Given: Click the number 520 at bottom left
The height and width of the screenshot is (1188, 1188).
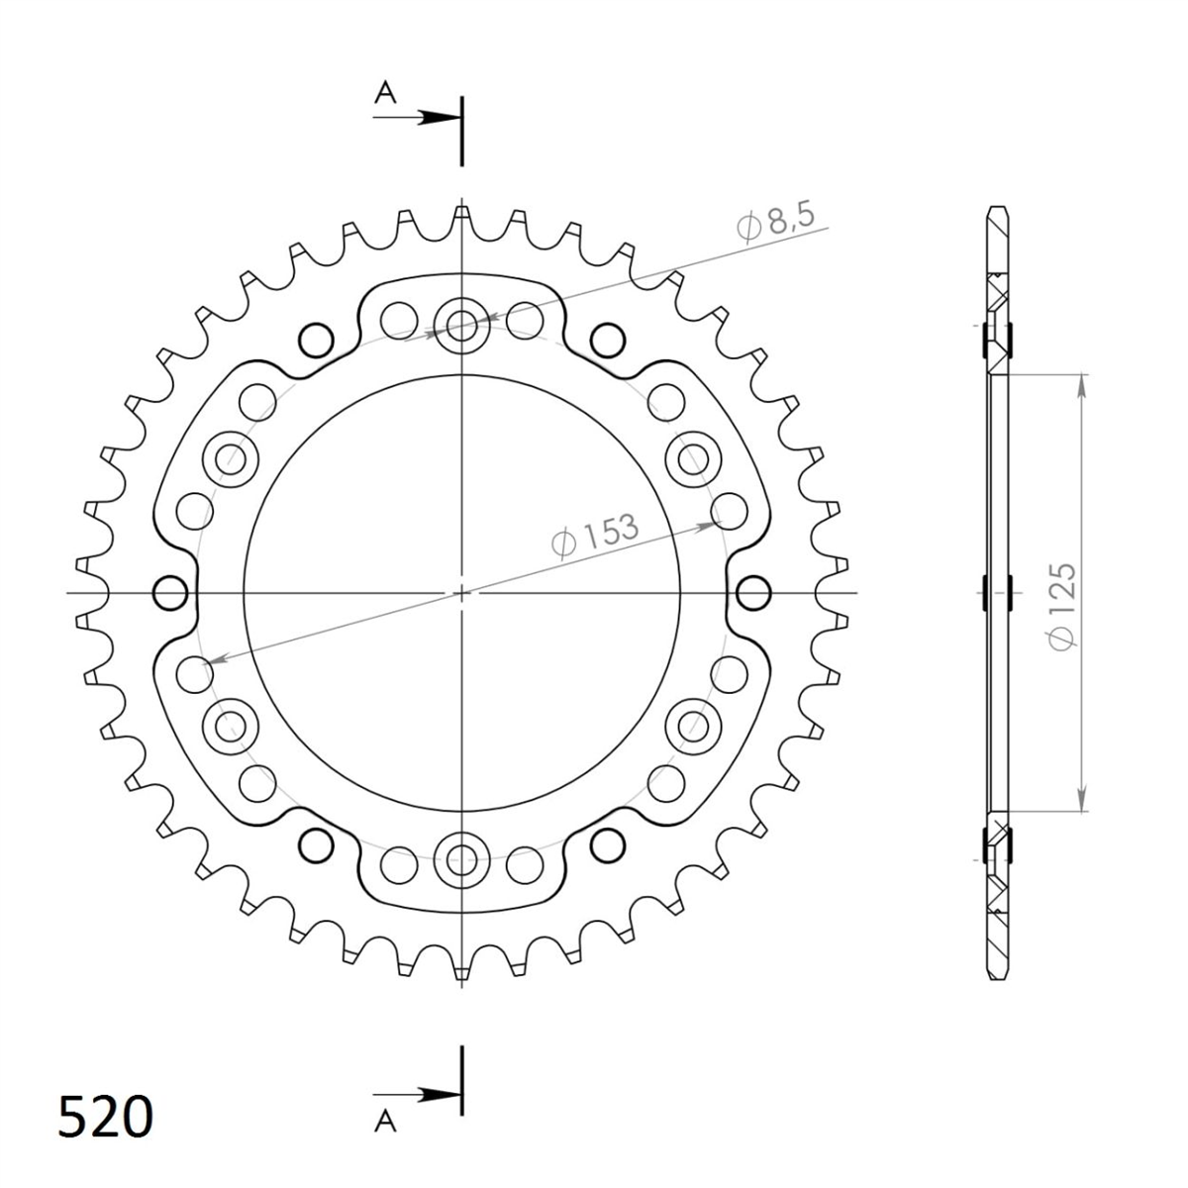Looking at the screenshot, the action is tap(105, 1117).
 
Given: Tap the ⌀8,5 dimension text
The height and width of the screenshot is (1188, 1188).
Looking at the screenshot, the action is tap(776, 222).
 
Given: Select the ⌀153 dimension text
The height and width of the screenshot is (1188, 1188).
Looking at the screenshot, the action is tap(594, 536).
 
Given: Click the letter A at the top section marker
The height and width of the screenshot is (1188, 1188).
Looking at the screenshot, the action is tap(385, 93).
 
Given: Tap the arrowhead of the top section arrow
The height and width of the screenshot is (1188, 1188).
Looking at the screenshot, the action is tap(441, 118).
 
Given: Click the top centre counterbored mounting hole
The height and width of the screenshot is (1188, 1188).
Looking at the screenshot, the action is tap(461, 326).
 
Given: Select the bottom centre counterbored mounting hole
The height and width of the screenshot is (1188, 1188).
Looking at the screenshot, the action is tap(461, 858).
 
